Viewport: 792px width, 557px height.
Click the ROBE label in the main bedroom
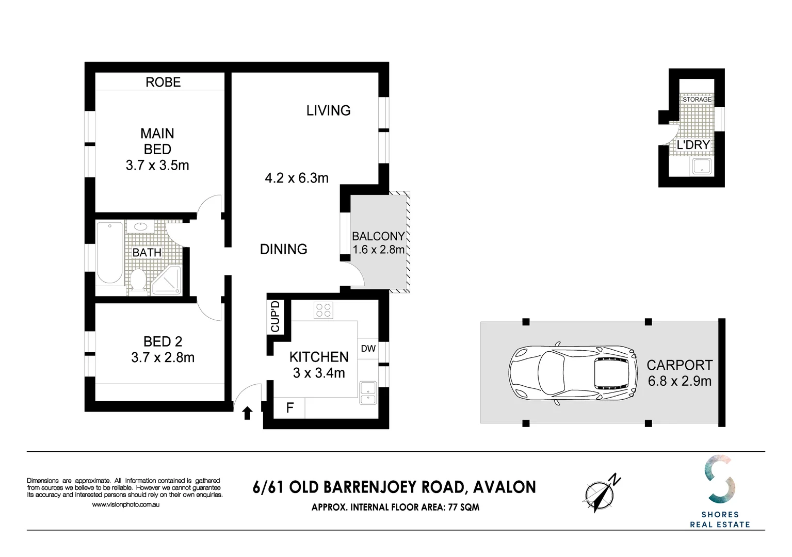pyautogui.click(x=163, y=82)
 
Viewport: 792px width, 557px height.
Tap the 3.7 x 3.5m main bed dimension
pyautogui.click(x=157, y=166)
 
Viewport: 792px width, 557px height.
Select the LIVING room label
pyautogui.click(x=328, y=110)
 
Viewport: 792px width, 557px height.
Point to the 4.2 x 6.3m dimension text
pyautogui.click(x=297, y=178)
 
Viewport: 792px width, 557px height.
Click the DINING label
pyautogui.click(x=283, y=249)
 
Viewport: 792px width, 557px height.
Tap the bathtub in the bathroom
pyautogui.click(x=110, y=253)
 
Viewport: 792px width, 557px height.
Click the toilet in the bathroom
pyautogui.click(x=137, y=281)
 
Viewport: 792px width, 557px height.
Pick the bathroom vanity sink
pyautogui.click(x=141, y=226)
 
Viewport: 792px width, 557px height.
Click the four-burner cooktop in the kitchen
pyautogui.click(x=324, y=310)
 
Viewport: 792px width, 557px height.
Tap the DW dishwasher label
pyautogui.click(x=368, y=349)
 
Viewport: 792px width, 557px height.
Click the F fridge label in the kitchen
pyautogui.click(x=289, y=408)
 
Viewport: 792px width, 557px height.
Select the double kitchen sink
pyautogui.click(x=368, y=393)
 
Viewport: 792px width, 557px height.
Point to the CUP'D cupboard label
pyautogui.click(x=275, y=317)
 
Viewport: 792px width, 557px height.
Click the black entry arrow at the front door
pyautogui.click(x=247, y=413)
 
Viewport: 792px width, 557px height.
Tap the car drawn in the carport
pyautogui.click(x=573, y=373)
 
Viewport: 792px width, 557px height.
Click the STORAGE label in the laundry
pyautogui.click(x=697, y=100)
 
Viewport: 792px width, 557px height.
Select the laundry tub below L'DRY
pyautogui.click(x=701, y=167)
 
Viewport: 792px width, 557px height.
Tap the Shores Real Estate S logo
pyautogui.click(x=720, y=479)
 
